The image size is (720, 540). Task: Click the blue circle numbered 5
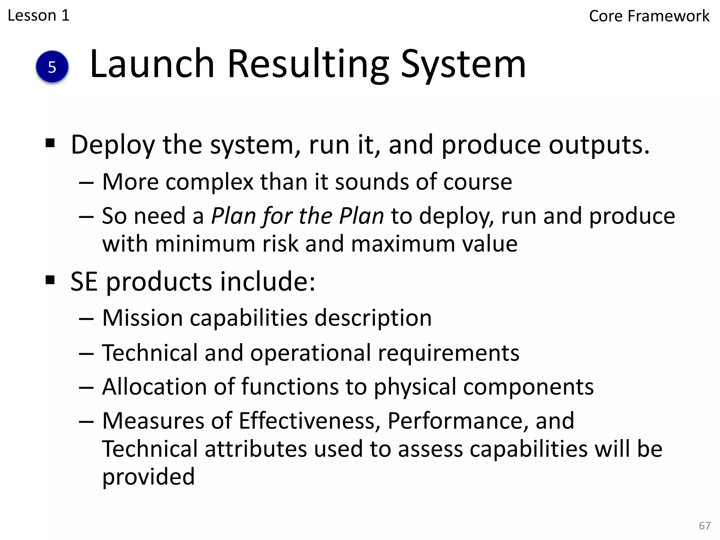pos(52,67)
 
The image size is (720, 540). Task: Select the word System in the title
pos(463,65)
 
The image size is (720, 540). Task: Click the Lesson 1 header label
pos(39,15)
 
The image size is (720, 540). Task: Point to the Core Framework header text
pos(649,16)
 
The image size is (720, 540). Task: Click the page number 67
pos(705,526)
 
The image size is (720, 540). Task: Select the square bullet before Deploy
pos(50,143)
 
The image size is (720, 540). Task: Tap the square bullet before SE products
pos(50,280)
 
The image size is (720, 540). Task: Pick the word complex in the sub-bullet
pos(210,182)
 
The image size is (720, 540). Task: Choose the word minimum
pos(205,244)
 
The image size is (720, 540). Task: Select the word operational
pos(310,353)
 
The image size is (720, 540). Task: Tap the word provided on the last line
pos(148,477)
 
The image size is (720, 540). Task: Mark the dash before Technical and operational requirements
pos(86,353)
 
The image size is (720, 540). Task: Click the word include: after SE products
pos(268,282)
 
